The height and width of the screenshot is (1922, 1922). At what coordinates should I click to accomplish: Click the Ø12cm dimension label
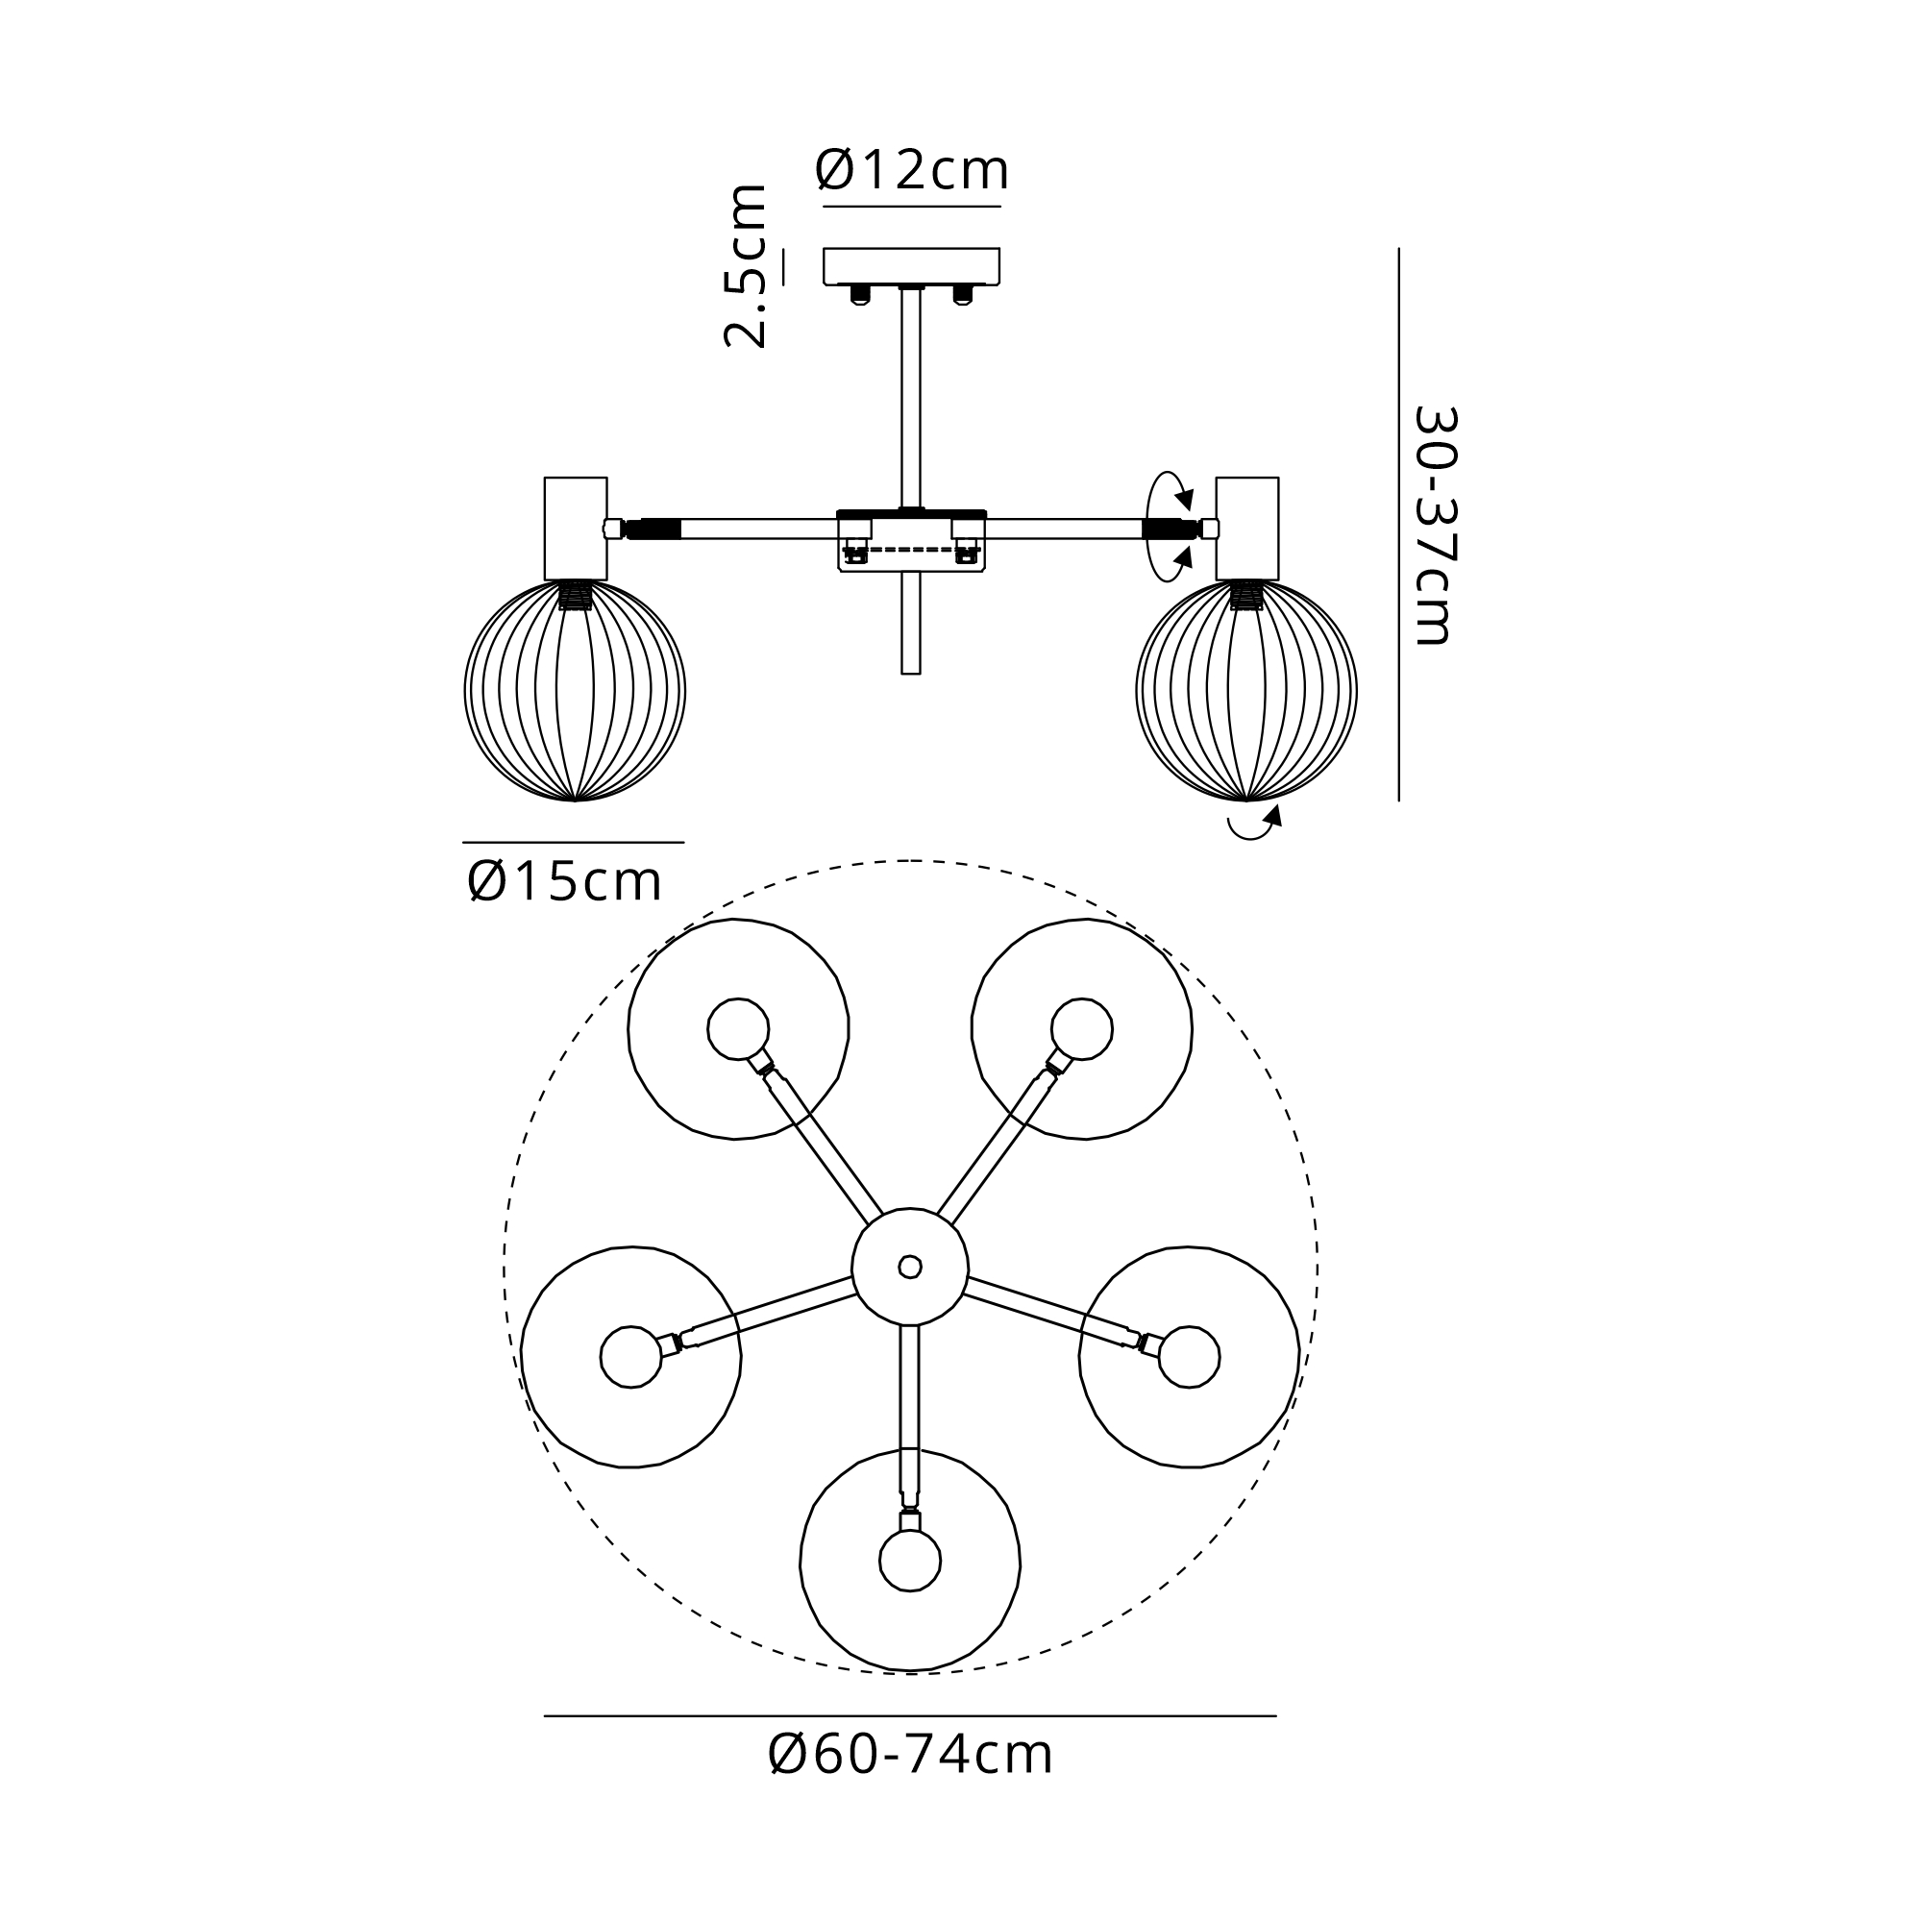[x=912, y=170]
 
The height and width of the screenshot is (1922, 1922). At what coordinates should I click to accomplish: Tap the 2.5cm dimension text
[x=746, y=265]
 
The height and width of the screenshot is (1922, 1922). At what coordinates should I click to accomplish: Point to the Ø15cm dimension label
[x=564, y=881]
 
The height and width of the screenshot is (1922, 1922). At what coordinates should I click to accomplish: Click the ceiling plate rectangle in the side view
[x=911, y=265]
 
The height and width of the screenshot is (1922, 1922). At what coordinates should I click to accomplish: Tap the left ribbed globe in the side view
[x=575, y=690]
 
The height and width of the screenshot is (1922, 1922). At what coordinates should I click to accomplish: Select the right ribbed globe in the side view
[x=1246, y=690]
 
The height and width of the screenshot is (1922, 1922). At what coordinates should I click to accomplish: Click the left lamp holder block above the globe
[x=576, y=529]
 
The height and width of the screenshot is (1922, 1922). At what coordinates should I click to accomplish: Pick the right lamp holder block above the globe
[x=1247, y=529]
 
